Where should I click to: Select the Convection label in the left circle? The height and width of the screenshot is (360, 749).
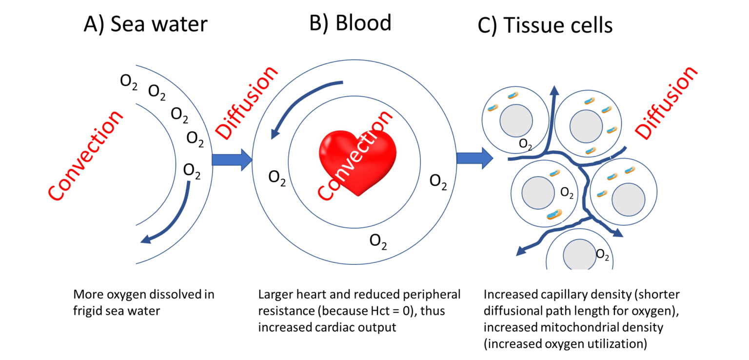click(x=86, y=156)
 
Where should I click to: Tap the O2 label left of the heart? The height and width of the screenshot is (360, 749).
click(x=277, y=178)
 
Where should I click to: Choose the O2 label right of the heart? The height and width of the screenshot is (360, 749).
click(x=438, y=181)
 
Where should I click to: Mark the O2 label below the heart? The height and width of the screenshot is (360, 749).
click(x=378, y=241)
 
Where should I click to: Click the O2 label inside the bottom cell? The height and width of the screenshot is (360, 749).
click(x=603, y=255)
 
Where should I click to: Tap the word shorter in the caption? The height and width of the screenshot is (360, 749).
click(x=659, y=295)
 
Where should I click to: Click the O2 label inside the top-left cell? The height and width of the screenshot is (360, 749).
click(x=526, y=144)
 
